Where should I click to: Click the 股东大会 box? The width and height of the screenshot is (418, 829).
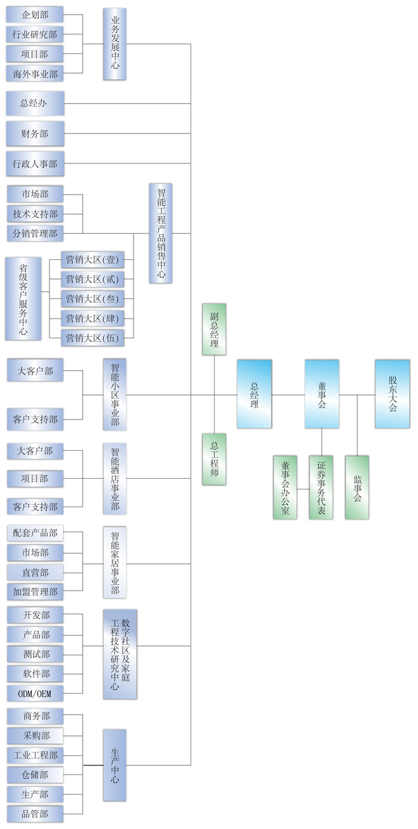392,394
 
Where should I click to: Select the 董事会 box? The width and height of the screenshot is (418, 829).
321,394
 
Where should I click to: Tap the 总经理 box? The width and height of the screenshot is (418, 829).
254,394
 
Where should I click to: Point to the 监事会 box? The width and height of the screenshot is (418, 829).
356,487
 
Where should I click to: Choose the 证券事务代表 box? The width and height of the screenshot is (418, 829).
321,487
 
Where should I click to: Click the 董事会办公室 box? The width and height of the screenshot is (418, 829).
285,487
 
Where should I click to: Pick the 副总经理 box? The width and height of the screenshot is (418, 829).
214,329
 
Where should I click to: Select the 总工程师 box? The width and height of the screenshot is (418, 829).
214,459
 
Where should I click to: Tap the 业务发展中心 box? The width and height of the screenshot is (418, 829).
115,44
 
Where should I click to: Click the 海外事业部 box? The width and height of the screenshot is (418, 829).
35,74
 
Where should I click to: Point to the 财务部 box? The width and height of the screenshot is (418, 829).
35,134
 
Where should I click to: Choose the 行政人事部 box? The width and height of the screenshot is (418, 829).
35,163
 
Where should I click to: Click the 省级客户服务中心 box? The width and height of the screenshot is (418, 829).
24,298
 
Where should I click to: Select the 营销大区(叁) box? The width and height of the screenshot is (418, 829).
92,298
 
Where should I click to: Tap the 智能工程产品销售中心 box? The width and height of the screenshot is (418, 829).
161,233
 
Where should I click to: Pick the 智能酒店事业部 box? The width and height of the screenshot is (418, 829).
115,478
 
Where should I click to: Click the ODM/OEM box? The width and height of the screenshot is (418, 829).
35,692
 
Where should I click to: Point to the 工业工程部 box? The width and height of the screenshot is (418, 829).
35,755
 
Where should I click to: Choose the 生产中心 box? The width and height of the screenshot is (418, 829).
115,765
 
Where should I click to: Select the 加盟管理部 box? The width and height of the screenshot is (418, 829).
35,591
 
